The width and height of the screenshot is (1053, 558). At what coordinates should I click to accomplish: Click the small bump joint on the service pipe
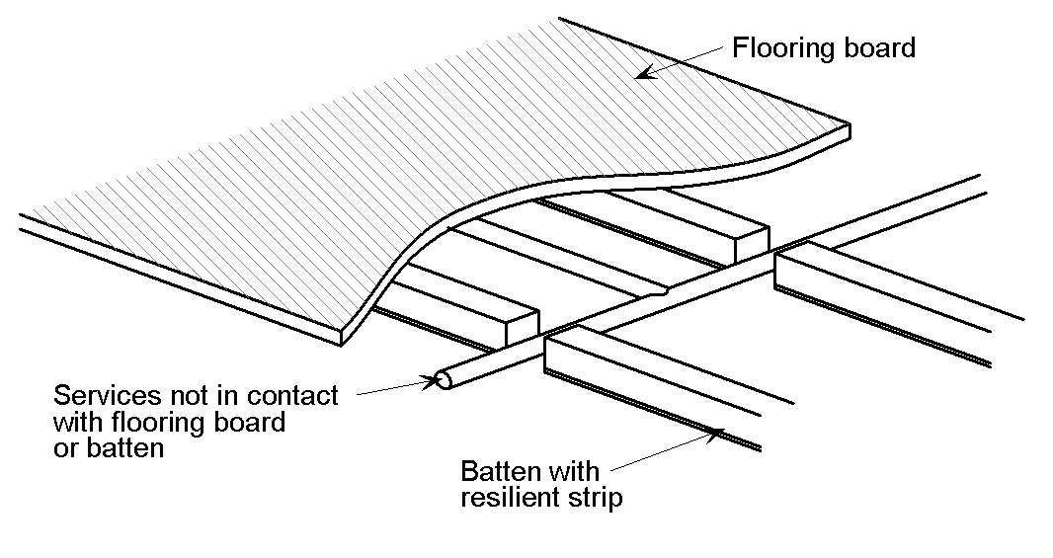coord(660,292)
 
